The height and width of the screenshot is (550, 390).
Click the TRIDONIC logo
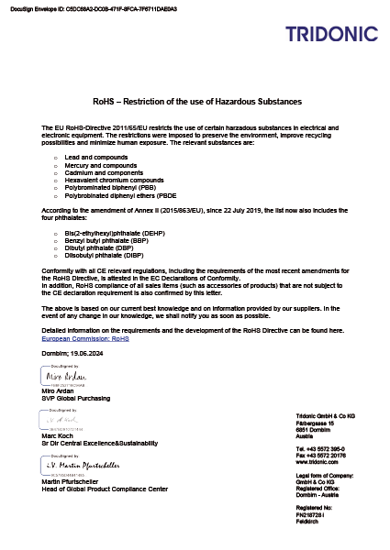click(330, 35)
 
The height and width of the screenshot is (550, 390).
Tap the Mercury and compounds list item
click(95, 166)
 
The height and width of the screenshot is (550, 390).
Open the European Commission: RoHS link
click(85, 337)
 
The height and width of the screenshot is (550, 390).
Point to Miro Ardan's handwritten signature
click(67, 377)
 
